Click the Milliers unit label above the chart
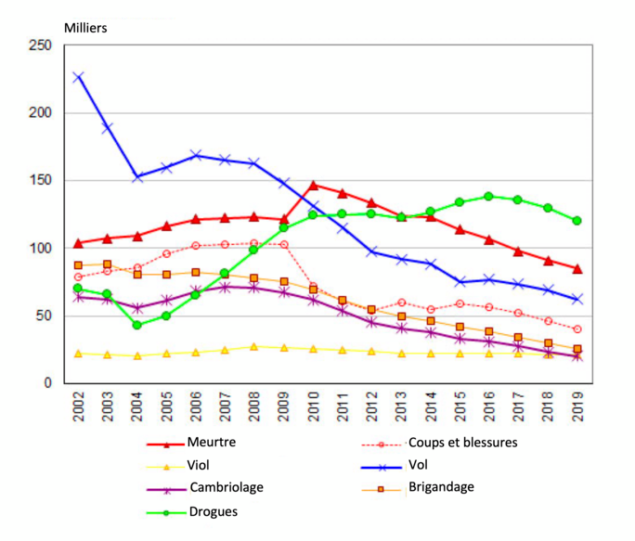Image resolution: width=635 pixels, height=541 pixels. coord(85,27)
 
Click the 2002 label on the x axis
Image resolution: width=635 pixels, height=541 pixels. coord(79,409)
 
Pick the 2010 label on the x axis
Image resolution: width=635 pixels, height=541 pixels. coord(313,409)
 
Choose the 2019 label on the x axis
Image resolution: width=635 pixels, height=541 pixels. coord(577,409)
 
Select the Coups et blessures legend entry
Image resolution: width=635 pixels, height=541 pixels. coord(461,443)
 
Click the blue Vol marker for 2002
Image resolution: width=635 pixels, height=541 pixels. coord(79,77)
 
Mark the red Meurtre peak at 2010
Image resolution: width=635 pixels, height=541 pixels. coord(313,185)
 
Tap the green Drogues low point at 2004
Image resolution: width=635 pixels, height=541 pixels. coord(137,325)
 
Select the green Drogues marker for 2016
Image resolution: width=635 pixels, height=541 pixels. coord(488,196)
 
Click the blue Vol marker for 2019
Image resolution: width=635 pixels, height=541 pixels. coord(577,299)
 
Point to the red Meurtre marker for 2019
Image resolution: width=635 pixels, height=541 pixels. coord(577,269)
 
